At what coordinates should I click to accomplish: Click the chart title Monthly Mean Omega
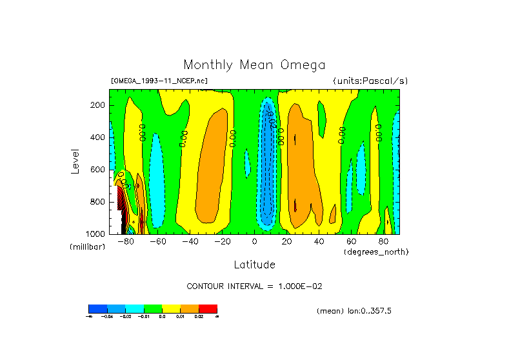[x=254, y=65]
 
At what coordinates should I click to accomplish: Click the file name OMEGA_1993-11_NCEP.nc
[x=159, y=81]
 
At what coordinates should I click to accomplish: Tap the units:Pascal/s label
[x=370, y=81]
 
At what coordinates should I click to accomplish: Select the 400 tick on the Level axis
[x=98, y=137]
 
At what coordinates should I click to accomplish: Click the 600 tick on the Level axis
[x=98, y=170]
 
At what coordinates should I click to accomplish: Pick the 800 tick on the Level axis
[x=98, y=202]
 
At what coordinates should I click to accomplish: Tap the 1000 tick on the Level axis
[x=96, y=234]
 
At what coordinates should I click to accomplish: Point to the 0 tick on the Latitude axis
[x=255, y=242]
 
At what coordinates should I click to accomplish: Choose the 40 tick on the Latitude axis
[x=319, y=242]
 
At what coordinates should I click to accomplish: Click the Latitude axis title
[x=254, y=265]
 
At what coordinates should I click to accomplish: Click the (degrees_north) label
[x=376, y=251]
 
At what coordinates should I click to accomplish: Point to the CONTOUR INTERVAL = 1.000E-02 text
[x=254, y=286]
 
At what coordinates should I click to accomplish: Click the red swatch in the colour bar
[x=208, y=308]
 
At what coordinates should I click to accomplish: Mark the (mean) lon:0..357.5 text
[x=354, y=311]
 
